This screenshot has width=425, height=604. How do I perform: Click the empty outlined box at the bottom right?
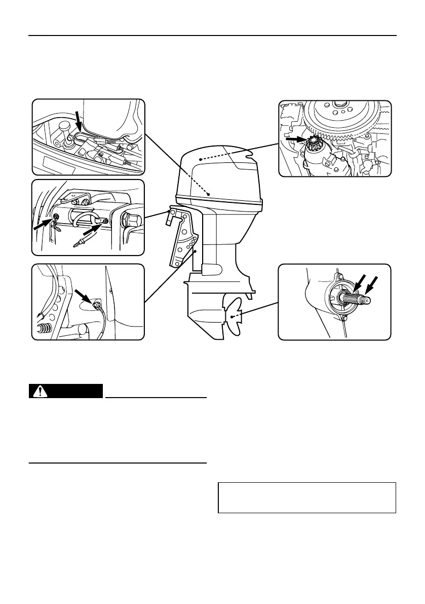(x=306, y=498)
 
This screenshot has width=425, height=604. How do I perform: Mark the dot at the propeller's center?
(x=231, y=316)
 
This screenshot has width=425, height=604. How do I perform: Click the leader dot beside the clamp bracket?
(x=194, y=250)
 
